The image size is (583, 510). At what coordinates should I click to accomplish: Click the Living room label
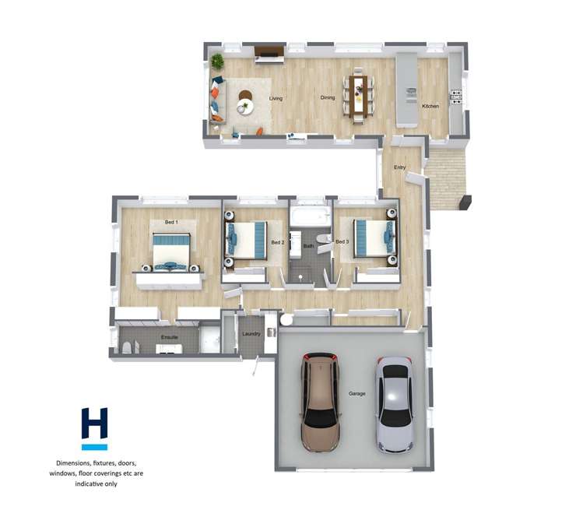tap(276, 99)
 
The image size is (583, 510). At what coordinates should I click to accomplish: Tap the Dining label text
tap(328, 98)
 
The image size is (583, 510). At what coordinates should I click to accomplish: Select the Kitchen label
tap(430, 106)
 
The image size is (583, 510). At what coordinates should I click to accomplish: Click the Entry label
tap(400, 167)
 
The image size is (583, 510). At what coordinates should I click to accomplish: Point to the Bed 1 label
tap(171, 223)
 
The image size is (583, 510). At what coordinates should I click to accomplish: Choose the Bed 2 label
tap(277, 242)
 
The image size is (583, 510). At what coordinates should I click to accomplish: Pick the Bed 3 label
tap(342, 241)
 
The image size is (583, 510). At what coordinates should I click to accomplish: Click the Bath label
tap(308, 246)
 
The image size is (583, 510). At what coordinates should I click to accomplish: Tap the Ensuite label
tap(170, 337)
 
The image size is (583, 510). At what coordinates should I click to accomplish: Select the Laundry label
tap(251, 334)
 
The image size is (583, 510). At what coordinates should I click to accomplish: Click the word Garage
tap(356, 394)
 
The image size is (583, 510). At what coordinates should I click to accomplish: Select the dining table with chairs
tap(357, 97)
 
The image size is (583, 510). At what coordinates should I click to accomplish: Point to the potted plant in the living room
tap(217, 62)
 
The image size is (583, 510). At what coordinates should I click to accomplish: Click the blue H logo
tap(94, 425)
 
